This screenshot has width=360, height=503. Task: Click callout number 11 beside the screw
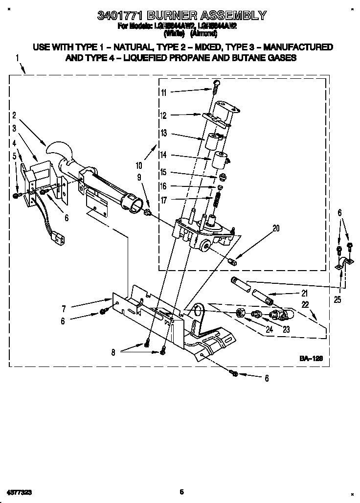(163, 92)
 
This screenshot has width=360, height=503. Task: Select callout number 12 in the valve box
(163, 115)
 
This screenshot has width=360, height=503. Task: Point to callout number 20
(276, 227)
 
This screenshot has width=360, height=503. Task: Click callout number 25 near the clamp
(338, 299)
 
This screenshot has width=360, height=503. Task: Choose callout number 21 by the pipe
(304, 294)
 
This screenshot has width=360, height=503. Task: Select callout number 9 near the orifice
(139, 177)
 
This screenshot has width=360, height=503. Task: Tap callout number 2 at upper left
(14, 115)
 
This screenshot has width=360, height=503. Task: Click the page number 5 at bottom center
(181, 491)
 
